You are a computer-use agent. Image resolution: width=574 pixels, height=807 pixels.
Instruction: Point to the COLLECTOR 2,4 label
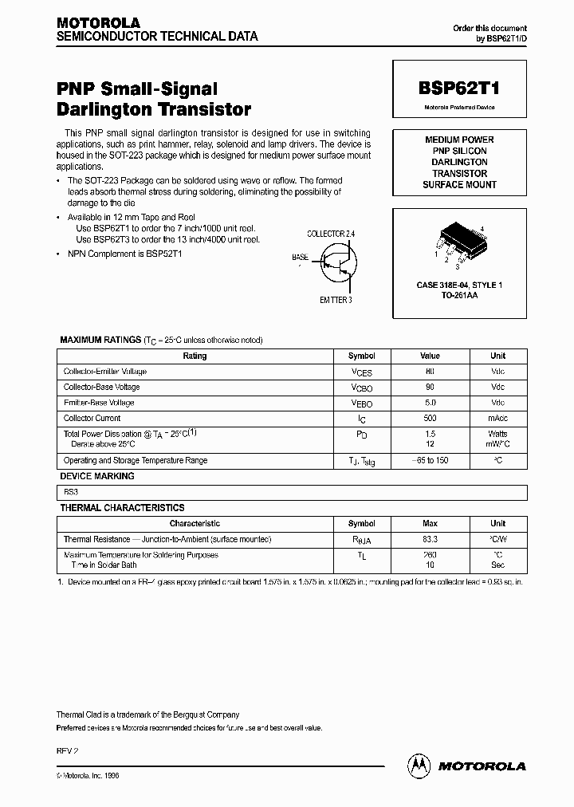click(331, 234)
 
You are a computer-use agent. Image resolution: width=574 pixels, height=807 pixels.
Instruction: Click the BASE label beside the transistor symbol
click(301, 258)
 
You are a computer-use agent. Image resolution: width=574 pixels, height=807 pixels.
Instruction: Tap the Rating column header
click(195, 356)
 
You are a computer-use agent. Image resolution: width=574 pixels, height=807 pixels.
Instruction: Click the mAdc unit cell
click(497, 418)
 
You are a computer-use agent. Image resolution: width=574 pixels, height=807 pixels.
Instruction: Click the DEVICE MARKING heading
click(97, 476)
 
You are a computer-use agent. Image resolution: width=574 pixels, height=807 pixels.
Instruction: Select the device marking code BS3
click(70, 492)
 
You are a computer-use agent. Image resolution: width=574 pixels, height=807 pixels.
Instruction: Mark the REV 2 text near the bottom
click(67, 750)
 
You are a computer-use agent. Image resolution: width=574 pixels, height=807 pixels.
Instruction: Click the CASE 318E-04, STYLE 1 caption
click(459, 285)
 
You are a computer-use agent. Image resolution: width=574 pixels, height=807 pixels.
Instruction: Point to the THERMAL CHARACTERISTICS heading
click(122, 508)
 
